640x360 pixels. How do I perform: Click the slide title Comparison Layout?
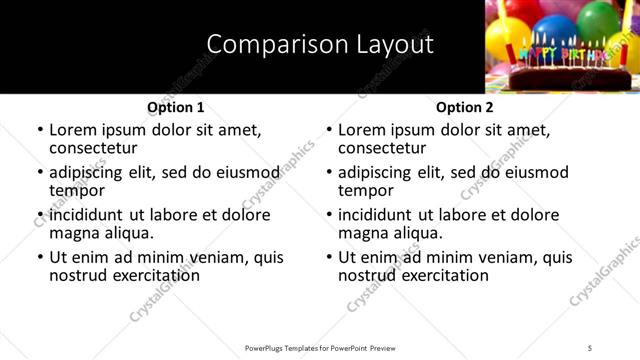click(x=320, y=45)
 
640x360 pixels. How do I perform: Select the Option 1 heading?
click(x=175, y=107)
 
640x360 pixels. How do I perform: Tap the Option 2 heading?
click(x=464, y=107)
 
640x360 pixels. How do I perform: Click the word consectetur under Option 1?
click(x=96, y=148)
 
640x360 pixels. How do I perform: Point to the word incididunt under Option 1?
click(x=86, y=215)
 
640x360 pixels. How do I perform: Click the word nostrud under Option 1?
click(x=78, y=275)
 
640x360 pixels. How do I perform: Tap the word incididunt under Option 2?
click(x=375, y=215)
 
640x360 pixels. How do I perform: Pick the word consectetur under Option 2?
click(x=385, y=148)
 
